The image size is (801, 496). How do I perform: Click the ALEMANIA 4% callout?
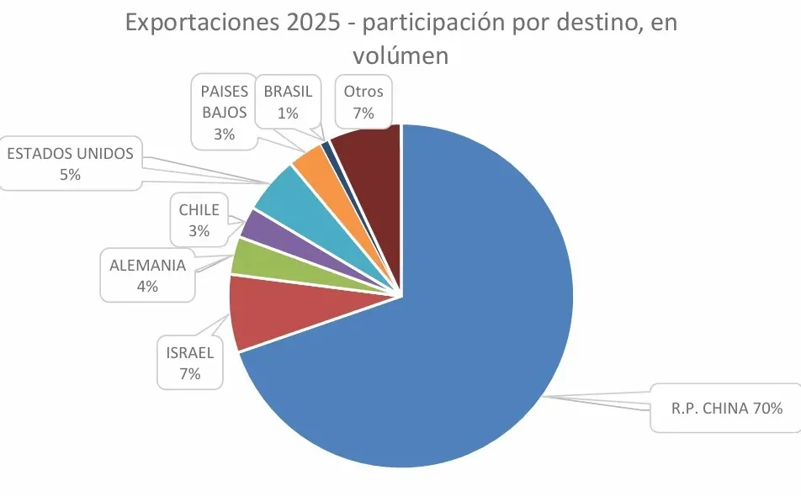click(x=147, y=275)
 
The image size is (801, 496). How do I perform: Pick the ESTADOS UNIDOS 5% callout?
click(x=70, y=163)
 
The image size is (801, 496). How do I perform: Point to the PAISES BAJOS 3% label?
click(x=224, y=112)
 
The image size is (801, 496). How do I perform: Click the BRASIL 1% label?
click(x=288, y=102)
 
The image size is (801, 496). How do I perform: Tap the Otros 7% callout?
click(x=363, y=102)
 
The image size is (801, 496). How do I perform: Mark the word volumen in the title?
click(x=400, y=55)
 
